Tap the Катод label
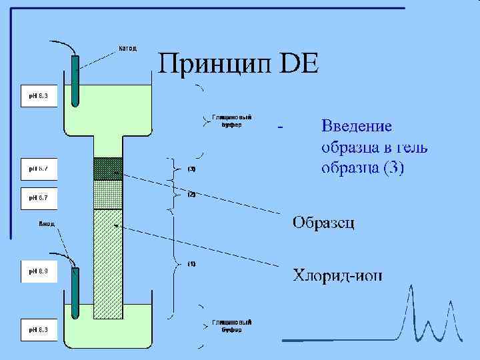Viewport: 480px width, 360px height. (127, 48)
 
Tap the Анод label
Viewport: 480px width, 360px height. (46, 224)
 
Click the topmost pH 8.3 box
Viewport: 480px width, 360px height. (39, 96)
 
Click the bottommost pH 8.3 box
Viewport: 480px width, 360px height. (39, 329)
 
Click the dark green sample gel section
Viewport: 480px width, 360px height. (107, 169)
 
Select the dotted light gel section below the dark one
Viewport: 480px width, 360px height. (107, 195)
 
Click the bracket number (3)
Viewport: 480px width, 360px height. (191, 169)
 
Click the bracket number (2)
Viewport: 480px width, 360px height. (191, 194)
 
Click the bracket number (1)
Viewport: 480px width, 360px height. (191, 264)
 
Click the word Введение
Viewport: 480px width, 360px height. (357, 126)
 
